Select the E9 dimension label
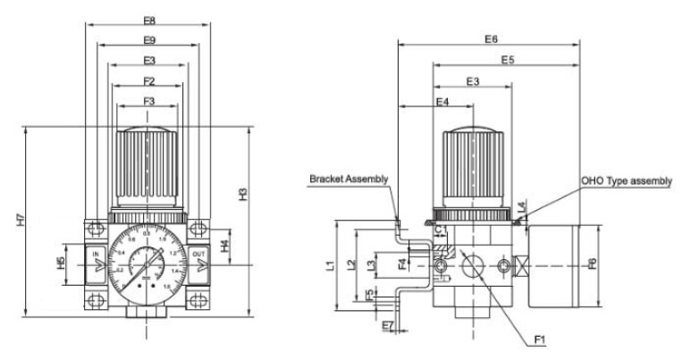148,40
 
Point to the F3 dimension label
148,103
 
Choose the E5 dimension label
508,60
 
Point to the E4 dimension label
442,103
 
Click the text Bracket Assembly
349,179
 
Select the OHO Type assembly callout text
626,180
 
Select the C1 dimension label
441,230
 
